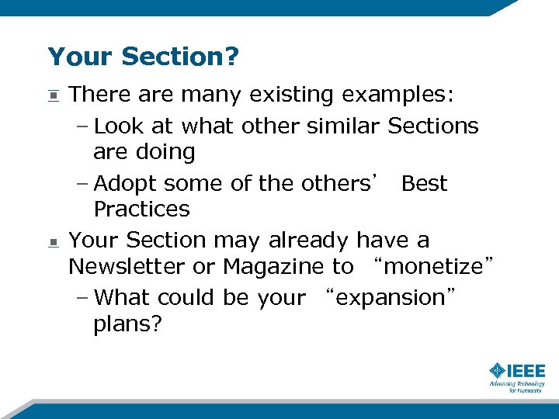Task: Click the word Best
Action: pos(425,184)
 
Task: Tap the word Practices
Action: pos(141,209)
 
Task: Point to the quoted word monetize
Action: pos(433,267)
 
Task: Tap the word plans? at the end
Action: pos(127,324)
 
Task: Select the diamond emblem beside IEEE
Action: pos(498,371)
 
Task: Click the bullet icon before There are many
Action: pos(53,96)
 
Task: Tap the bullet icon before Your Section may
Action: pos(53,243)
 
